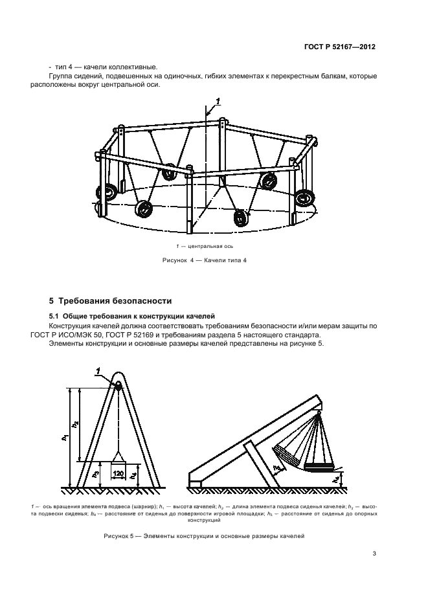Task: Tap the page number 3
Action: click(374, 553)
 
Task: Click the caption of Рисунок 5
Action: click(204, 536)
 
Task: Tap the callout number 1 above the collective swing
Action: click(218, 100)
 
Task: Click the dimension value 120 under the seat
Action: click(118, 474)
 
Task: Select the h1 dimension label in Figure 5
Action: click(65, 438)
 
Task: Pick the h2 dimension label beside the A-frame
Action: click(76, 425)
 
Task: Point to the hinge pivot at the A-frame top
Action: click(118, 385)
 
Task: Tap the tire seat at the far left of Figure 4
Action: click(106, 192)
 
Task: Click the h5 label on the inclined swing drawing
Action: click(276, 466)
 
